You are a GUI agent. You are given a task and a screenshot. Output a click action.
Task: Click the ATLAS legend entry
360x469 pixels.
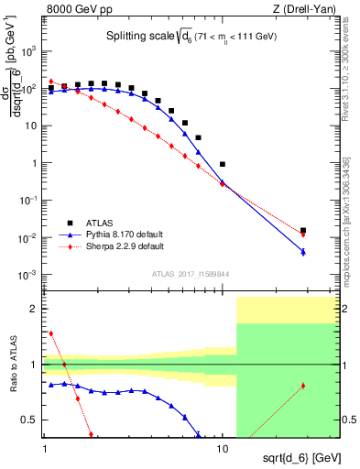click(x=101, y=223)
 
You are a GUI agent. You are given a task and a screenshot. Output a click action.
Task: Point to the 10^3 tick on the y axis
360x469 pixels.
click(x=28, y=51)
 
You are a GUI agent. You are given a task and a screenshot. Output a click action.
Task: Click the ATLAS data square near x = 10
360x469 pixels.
click(x=223, y=164)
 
